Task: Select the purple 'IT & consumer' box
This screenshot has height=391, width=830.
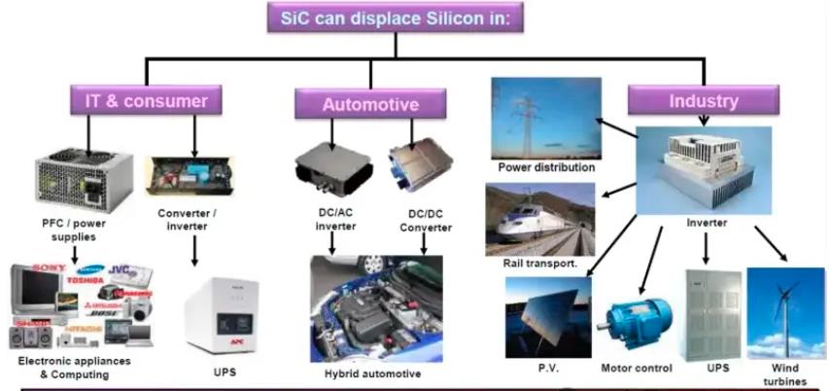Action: coord(146,99)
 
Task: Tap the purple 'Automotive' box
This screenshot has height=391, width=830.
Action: coord(370,104)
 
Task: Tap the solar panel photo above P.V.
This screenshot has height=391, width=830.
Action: coord(547,317)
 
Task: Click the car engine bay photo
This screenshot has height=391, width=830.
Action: coord(376,308)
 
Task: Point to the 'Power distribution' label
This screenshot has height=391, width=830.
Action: coord(546,167)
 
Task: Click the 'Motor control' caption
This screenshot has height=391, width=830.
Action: coord(638,368)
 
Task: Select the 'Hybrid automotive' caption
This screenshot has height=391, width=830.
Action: coord(374,373)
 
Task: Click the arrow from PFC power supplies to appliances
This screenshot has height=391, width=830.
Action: coord(77,256)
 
